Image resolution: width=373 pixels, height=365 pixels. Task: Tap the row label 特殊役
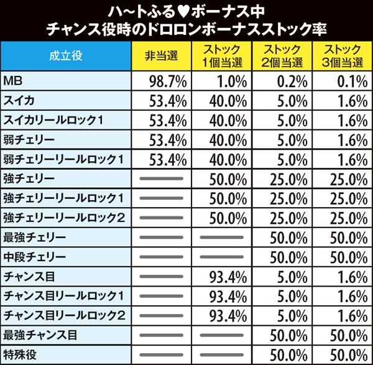coord(22,354)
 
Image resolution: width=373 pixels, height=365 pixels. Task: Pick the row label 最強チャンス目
coord(39,335)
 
